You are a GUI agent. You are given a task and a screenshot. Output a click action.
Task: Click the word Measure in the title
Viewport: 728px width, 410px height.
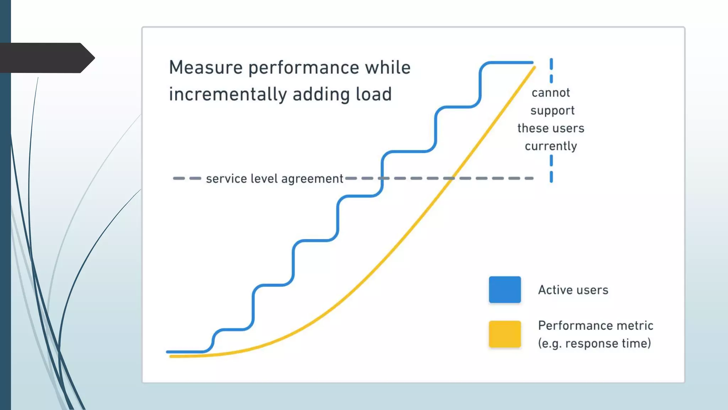click(205, 68)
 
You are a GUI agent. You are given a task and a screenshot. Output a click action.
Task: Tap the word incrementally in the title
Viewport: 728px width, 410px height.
click(227, 95)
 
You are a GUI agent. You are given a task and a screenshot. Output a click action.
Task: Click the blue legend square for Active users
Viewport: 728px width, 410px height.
click(504, 290)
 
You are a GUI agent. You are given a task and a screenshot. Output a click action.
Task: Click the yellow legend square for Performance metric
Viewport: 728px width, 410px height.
click(504, 334)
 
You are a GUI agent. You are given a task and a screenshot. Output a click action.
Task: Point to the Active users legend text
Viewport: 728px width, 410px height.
click(573, 290)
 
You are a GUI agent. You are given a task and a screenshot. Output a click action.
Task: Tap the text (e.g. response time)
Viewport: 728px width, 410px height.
click(594, 343)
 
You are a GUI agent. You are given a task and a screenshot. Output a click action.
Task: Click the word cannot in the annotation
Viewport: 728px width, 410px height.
click(551, 93)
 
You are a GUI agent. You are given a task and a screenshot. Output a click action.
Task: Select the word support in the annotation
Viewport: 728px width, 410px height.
click(552, 111)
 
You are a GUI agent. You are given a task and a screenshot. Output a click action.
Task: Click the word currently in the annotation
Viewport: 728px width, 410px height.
click(551, 146)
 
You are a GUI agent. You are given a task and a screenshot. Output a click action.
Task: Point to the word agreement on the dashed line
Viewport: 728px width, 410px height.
click(312, 179)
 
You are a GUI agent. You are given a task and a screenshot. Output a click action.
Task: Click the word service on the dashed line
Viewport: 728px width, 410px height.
click(226, 179)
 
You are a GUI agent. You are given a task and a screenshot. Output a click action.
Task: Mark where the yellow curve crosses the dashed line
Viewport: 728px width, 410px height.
click(450, 178)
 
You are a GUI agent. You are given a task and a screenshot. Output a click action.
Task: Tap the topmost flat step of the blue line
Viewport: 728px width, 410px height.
click(508, 63)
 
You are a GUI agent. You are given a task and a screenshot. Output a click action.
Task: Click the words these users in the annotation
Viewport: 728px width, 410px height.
click(551, 128)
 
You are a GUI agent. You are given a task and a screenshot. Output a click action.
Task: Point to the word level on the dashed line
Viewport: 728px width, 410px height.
click(264, 178)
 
